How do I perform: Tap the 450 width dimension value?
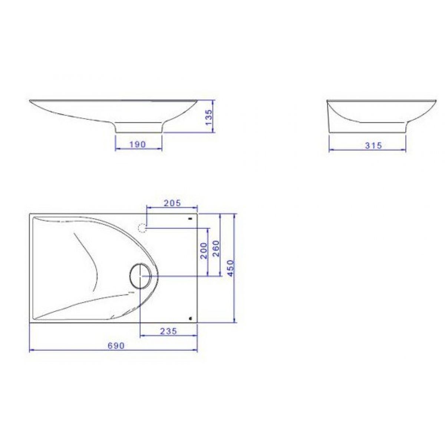[x=230, y=268]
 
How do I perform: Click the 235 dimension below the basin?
[x=168, y=331]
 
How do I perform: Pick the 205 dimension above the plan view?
[x=172, y=203]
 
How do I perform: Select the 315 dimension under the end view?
[x=373, y=145]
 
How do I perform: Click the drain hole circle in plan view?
[x=140, y=276]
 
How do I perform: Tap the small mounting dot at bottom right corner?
[x=191, y=318]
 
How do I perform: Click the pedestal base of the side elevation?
[x=139, y=128]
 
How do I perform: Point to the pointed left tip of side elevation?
[x=30, y=100]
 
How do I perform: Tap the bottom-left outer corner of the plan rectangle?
[x=29, y=322]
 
